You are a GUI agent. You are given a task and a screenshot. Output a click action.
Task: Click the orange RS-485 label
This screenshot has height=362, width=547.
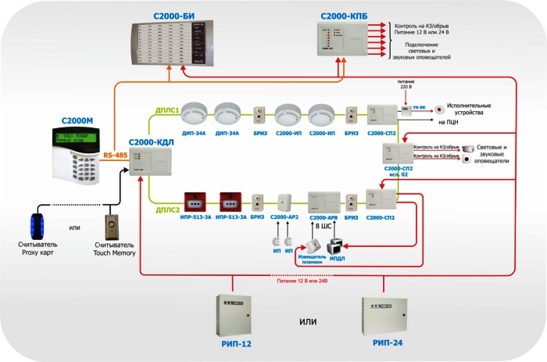click(x=116, y=156)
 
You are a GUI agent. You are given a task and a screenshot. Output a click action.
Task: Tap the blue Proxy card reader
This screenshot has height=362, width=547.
click(x=37, y=227)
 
